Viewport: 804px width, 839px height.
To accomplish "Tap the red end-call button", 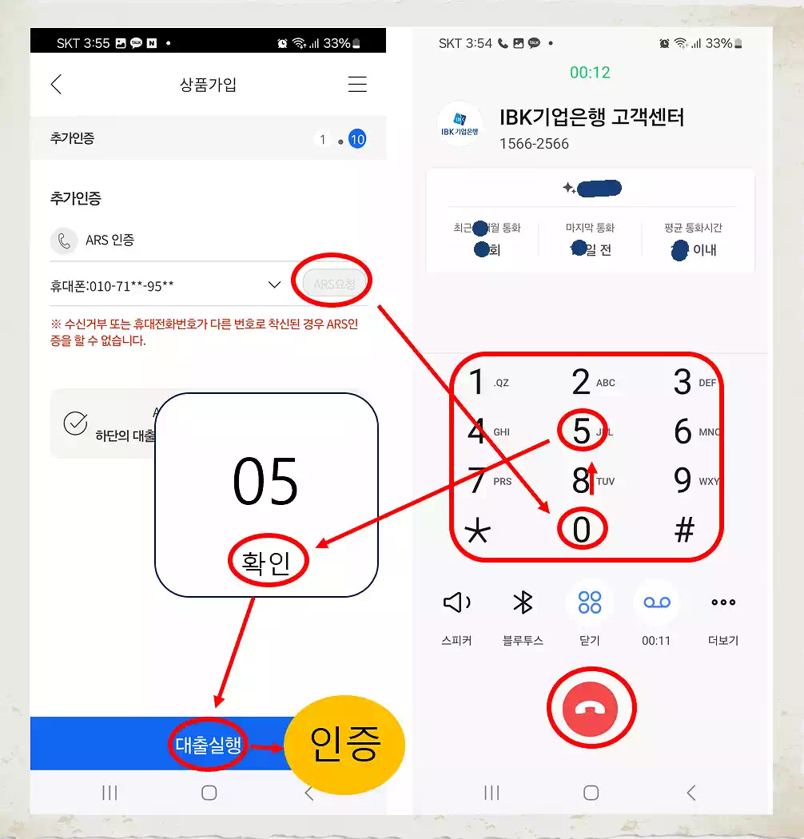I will click(591, 708).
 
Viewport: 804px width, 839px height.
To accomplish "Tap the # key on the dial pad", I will click(684, 530).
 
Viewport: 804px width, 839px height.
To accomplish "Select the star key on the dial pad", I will click(477, 531).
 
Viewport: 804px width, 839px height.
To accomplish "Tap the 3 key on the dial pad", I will click(682, 383).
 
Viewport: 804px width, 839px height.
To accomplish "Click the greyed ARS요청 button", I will click(334, 283).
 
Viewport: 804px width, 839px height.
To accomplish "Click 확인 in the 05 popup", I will click(267, 563).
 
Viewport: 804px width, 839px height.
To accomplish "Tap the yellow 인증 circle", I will click(344, 743).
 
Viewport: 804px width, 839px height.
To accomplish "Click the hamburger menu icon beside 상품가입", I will click(357, 85).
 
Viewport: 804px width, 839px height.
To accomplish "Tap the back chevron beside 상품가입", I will click(56, 85).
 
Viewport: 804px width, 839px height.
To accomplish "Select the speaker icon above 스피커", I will click(456, 603).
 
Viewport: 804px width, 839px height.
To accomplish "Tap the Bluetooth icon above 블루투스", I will click(523, 603).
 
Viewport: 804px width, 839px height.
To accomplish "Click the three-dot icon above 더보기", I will click(722, 603).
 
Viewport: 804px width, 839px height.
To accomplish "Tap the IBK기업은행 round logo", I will click(460, 125).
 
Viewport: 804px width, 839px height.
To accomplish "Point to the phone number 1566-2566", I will click(534, 144).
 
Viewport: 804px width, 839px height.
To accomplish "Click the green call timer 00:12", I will click(590, 73).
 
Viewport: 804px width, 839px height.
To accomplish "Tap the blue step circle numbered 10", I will click(357, 140).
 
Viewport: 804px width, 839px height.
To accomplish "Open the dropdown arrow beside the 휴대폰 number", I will click(274, 284).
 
